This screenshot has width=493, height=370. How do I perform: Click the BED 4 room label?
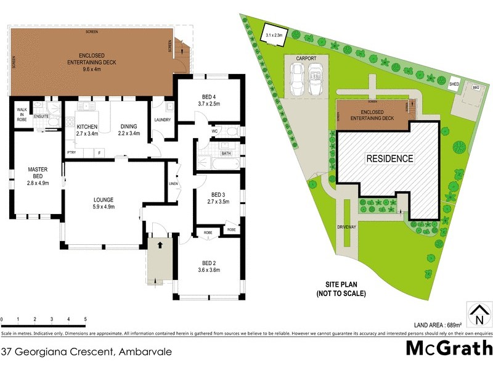(209, 101)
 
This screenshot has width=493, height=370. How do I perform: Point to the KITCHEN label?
(87, 129)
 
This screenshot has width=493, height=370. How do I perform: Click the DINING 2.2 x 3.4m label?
(129, 129)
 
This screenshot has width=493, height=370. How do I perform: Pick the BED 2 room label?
(209, 267)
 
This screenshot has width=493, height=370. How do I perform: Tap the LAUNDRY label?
(162, 120)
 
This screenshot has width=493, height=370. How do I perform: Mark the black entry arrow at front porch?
(161, 245)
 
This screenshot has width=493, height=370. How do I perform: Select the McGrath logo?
(448, 348)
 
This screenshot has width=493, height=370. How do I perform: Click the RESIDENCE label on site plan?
(389, 158)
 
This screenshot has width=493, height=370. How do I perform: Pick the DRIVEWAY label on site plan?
(346, 227)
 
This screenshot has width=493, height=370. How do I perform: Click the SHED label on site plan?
(454, 84)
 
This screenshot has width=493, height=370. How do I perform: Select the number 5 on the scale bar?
(85, 319)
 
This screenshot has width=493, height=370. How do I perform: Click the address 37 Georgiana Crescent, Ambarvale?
(86, 352)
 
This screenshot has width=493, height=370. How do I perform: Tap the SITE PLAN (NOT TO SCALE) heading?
(346, 289)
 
